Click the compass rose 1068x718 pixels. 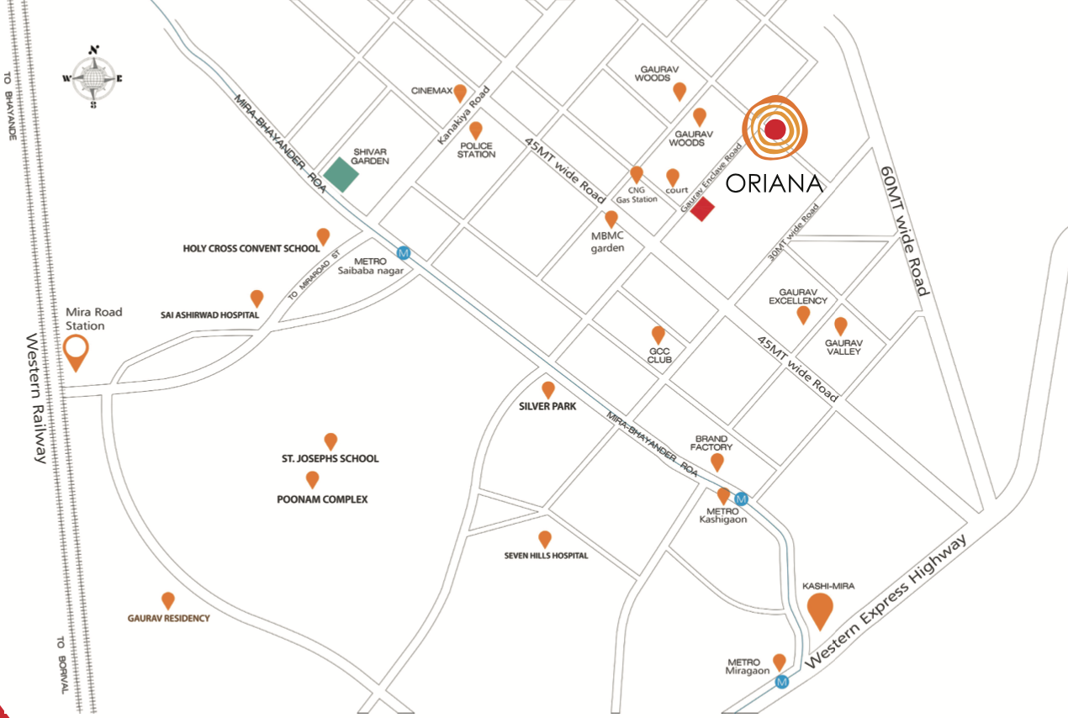[x=93, y=77]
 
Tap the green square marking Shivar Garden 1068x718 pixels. [x=341, y=173]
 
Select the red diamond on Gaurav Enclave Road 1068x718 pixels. [x=702, y=209]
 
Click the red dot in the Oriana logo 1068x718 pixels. [x=775, y=129]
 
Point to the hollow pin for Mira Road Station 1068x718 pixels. [x=77, y=351]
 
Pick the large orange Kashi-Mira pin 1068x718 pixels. [x=820, y=610]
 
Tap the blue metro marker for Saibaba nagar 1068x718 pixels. [x=404, y=252]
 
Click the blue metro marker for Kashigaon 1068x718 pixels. [x=741, y=499]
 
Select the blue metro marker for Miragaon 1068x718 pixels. [x=783, y=682]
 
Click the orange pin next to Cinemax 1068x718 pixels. [x=460, y=92]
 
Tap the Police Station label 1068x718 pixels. [x=476, y=150]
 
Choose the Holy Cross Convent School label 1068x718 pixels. [x=251, y=249]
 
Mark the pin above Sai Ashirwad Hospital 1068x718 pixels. [x=256, y=298]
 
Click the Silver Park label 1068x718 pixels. [x=547, y=407]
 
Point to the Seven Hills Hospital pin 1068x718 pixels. [x=545, y=539]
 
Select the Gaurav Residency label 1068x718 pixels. [x=168, y=618]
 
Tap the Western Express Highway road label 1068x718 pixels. [x=883, y=607]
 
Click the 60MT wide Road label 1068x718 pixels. [x=904, y=230]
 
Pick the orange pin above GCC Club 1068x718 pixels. [x=658, y=335]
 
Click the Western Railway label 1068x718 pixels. [x=36, y=399]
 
